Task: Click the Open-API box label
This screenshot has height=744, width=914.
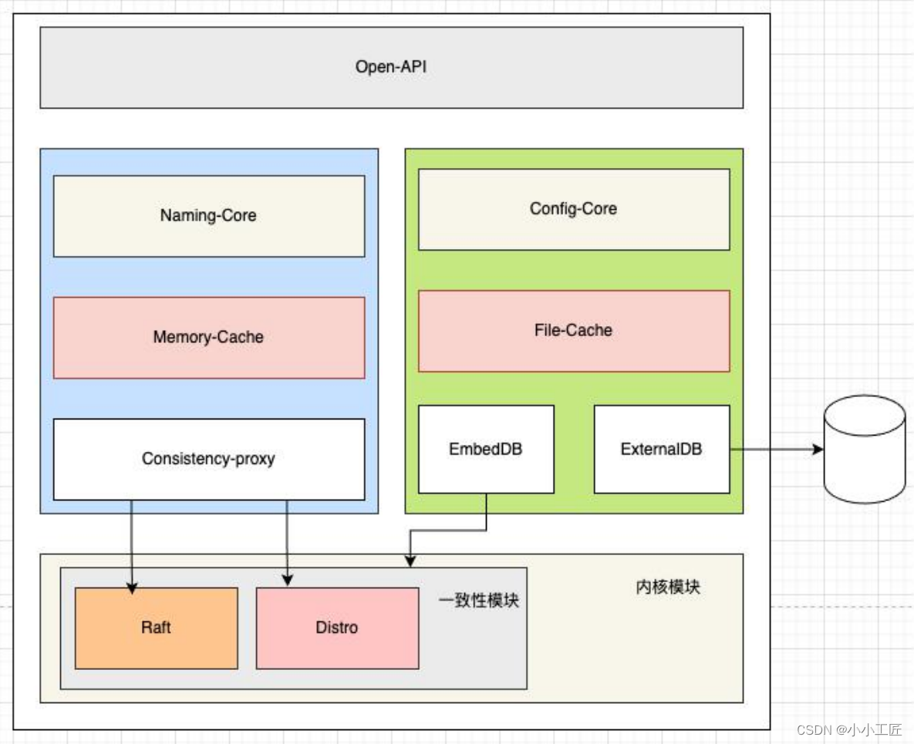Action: click(391, 67)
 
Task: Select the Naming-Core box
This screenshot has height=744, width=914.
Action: click(208, 216)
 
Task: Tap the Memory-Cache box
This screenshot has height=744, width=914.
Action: click(208, 338)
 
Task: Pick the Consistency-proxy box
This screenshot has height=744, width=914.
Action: click(208, 460)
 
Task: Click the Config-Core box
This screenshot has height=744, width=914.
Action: click(573, 209)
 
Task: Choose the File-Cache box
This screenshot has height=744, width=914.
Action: click(573, 331)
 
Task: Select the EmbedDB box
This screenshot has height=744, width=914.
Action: click(486, 449)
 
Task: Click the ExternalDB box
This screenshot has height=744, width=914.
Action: click(661, 449)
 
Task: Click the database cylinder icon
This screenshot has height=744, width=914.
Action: click(864, 449)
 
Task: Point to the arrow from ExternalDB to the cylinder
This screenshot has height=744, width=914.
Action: click(775, 449)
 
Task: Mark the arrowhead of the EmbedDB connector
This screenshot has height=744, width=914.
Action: click(410, 561)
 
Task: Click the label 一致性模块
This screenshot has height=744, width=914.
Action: click(479, 601)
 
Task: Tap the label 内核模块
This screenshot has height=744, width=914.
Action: click(668, 587)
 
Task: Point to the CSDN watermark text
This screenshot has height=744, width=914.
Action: click(849, 730)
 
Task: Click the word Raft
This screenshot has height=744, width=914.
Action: click(156, 628)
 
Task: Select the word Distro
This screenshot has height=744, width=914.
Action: click(337, 628)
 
